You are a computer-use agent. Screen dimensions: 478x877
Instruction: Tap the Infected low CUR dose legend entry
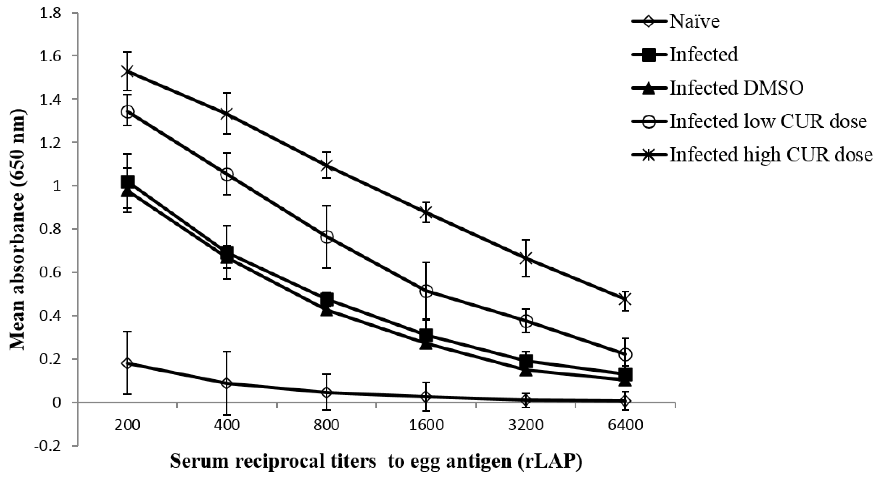pos(768,122)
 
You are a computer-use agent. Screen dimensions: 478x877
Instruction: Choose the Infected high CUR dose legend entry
pos(771,155)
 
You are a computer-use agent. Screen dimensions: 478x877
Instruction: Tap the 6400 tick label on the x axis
pos(625,426)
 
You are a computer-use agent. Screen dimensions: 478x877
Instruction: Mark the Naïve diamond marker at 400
pos(227,383)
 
